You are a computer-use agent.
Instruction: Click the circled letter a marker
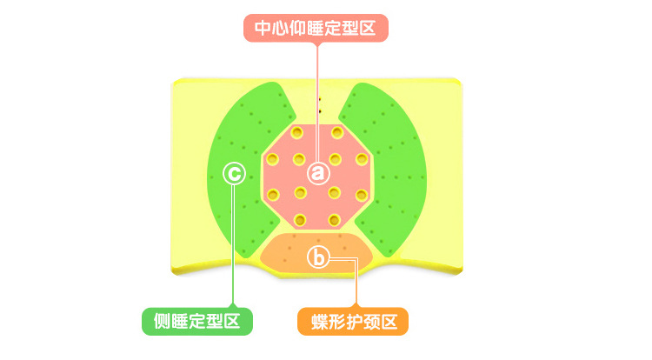click(x=318, y=172)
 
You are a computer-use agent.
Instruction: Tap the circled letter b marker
click(x=318, y=257)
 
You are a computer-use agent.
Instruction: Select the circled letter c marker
click(x=233, y=173)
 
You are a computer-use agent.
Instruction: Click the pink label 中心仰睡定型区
click(x=315, y=29)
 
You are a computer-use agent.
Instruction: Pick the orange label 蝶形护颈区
click(x=353, y=322)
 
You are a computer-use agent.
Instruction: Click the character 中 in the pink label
click(x=263, y=29)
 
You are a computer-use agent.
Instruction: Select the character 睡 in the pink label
click(x=315, y=29)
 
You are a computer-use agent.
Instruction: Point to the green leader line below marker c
click(x=233, y=252)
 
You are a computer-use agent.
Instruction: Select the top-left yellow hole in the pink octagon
click(x=297, y=132)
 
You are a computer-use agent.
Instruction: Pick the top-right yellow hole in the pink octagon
click(x=337, y=132)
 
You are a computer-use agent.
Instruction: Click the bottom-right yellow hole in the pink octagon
click(x=337, y=219)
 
